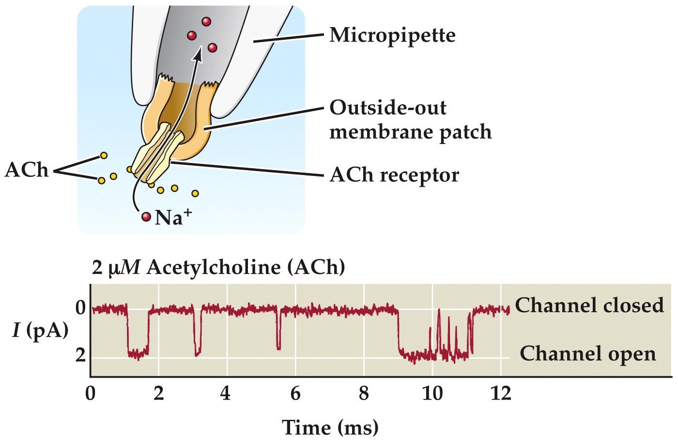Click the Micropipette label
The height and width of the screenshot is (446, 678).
click(x=392, y=35)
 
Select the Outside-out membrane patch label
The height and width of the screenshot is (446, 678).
click(x=410, y=120)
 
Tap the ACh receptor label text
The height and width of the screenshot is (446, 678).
click(x=394, y=175)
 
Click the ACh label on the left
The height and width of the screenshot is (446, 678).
click(x=27, y=171)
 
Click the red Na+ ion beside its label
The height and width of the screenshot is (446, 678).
click(x=146, y=217)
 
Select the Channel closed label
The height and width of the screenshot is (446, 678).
click(x=589, y=305)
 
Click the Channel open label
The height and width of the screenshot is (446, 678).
click(x=587, y=354)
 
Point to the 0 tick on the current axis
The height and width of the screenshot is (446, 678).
click(x=81, y=308)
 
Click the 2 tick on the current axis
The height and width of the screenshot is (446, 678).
click(x=81, y=356)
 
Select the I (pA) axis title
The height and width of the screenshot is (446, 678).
click(x=40, y=331)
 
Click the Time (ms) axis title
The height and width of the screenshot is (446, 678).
click(x=330, y=428)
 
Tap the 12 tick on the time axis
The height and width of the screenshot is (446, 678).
click(x=501, y=394)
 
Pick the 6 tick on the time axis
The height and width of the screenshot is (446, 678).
click(x=295, y=394)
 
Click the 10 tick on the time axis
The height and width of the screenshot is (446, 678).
click(x=432, y=394)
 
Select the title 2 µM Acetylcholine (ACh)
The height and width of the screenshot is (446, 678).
click(x=218, y=268)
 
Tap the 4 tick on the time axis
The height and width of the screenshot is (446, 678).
click(x=225, y=394)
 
